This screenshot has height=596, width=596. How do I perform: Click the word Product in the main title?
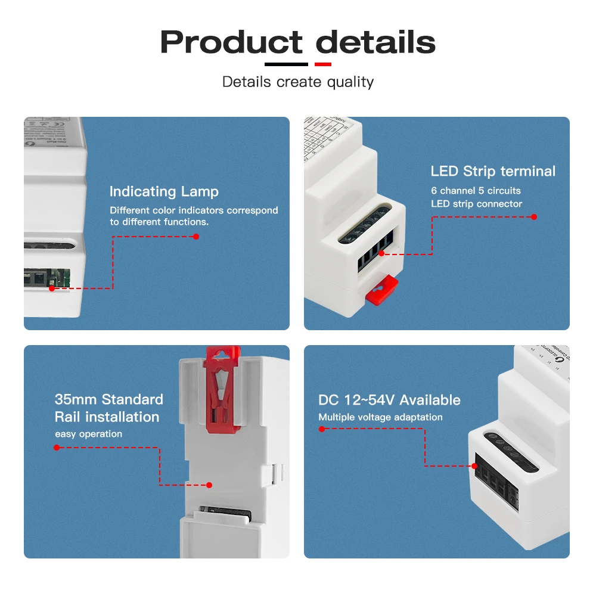point(231,43)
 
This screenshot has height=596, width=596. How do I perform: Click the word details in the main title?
point(375,43)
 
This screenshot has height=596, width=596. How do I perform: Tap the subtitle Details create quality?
point(298,82)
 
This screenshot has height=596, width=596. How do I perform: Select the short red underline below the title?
point(322,64)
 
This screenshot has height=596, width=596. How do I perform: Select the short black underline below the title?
point(286,64)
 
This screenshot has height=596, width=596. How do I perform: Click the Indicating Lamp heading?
point(164,191)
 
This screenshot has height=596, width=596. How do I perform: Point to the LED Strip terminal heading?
point(493,172)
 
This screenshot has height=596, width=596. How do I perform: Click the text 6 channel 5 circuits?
point(476,191)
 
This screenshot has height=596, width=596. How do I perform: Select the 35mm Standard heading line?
point(108,399)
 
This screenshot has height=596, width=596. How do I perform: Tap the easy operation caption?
point(88,434)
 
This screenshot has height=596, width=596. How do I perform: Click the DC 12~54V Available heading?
point(389,400)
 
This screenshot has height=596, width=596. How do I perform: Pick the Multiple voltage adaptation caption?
point(380,417)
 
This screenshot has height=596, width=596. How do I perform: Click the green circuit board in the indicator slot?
point(66,277)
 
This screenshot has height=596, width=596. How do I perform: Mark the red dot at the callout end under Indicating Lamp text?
point(195,237)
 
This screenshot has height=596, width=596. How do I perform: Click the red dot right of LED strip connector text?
point(534,217)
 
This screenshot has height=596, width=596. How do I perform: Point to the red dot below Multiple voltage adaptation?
point(322,429)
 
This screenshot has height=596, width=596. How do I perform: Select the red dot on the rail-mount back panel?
point(209,485)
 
